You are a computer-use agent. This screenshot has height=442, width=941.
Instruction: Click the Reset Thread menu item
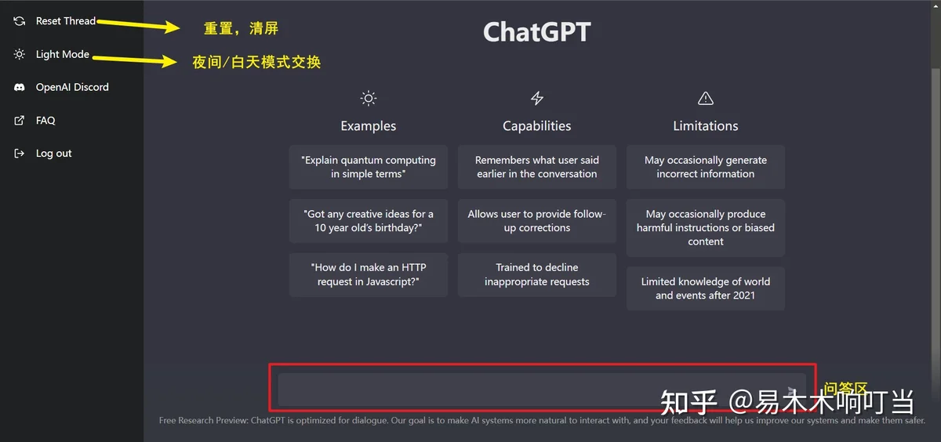(55, 21)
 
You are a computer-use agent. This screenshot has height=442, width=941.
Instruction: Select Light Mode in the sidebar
(51, 54)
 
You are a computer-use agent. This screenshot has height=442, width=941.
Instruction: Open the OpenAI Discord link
(61, 87)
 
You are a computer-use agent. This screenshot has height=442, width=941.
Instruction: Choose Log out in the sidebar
(42, 153)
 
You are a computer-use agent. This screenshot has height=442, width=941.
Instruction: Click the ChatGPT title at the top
(537, 32)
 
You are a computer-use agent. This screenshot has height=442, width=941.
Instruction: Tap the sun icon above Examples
(369, 98)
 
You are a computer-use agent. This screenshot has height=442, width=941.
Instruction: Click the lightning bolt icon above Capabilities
(537, 98)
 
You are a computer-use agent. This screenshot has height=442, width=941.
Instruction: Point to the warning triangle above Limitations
(705, 98)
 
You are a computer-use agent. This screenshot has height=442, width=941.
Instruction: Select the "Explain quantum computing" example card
(369, 167)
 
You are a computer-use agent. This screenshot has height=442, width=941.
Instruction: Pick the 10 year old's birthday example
(369, 221)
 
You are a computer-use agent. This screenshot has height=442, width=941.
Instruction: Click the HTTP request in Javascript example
(369, 274)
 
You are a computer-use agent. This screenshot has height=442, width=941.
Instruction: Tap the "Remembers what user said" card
(537, 167)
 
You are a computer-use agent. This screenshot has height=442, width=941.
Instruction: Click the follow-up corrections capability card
(537, 221)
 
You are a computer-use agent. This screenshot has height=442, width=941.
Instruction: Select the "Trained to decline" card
(537, 274)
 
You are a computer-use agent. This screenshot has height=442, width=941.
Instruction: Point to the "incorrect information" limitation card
(705, 167)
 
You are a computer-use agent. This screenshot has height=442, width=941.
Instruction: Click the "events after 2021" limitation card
(705, 288)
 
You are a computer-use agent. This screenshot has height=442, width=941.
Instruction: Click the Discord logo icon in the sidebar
(20, 87)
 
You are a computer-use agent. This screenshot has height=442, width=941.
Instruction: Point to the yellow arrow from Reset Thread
(139, 25)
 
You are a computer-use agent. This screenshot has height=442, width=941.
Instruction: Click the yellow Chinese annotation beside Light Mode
(256, 62)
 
